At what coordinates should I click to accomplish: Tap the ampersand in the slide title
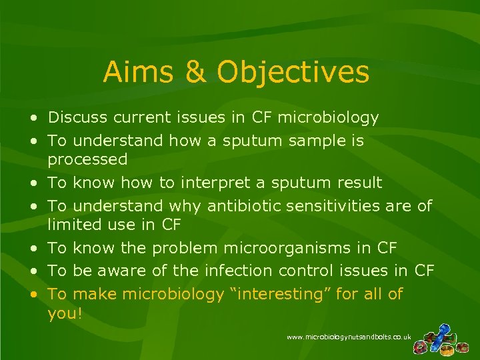pos(196,72)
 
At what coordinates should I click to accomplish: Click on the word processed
pos(87,159)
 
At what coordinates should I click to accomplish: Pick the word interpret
pos(234,183)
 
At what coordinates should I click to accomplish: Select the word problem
pos(185,248)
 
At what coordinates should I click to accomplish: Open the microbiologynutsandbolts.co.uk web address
pos(349,338)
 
